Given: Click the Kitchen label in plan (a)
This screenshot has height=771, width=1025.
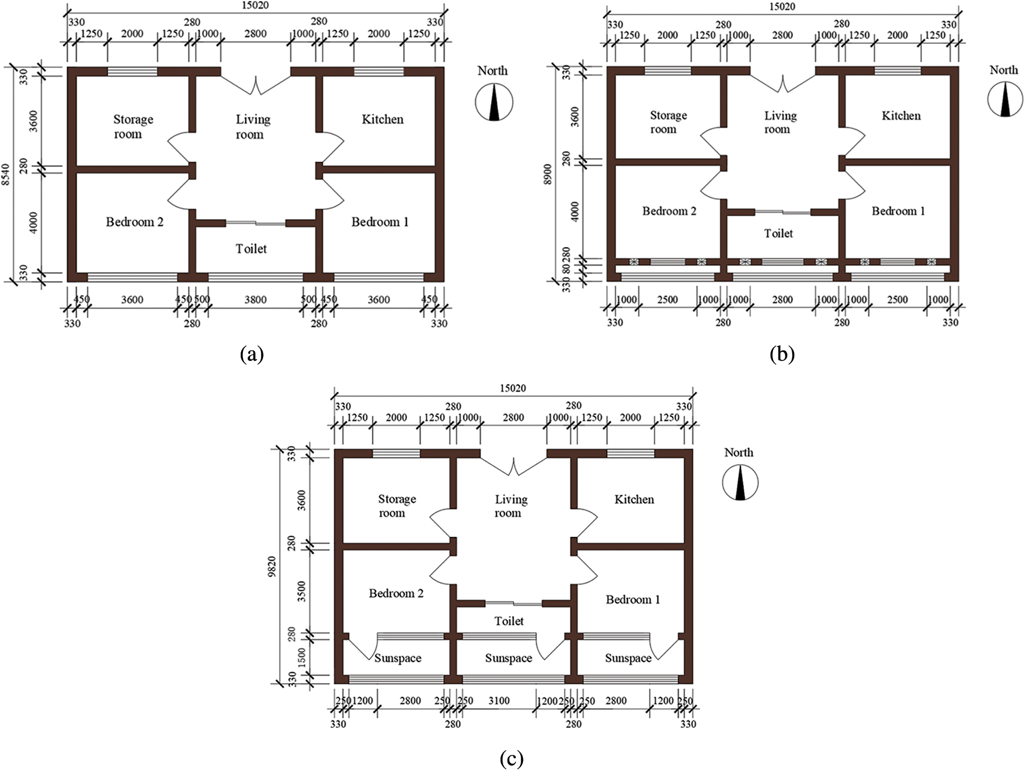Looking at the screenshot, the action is pos(382,119).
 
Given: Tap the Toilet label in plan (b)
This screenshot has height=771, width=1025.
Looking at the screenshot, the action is pos(778,233).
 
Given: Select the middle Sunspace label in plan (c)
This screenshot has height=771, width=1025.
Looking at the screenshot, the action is pos(509,658).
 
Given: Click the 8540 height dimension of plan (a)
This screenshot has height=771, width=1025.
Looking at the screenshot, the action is pos(6,175).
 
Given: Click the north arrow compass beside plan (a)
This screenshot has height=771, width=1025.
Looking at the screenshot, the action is pos(494,103).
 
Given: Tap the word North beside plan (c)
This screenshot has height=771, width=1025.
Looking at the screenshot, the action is pos(739,453).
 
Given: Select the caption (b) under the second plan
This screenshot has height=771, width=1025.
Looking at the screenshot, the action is pos(782,354).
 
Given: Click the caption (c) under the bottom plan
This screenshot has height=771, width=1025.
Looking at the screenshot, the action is pos(512,758).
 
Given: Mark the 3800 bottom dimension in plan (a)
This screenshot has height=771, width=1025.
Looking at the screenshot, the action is pos(256,300).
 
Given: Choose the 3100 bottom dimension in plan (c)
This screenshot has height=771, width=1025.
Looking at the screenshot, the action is pos(499,701).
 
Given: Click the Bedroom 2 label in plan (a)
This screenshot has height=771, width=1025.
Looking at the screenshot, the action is pos(134,222).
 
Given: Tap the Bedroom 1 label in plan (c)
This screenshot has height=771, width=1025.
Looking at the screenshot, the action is pos(633,600).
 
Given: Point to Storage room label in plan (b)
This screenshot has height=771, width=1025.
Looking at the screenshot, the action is pos(668,122).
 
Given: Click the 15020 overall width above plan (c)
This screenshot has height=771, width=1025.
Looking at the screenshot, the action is pos(512,388).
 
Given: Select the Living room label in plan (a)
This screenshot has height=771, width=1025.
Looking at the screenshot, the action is pos(253,127).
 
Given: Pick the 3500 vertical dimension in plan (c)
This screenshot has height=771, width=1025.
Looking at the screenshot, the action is pos(302,591).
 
